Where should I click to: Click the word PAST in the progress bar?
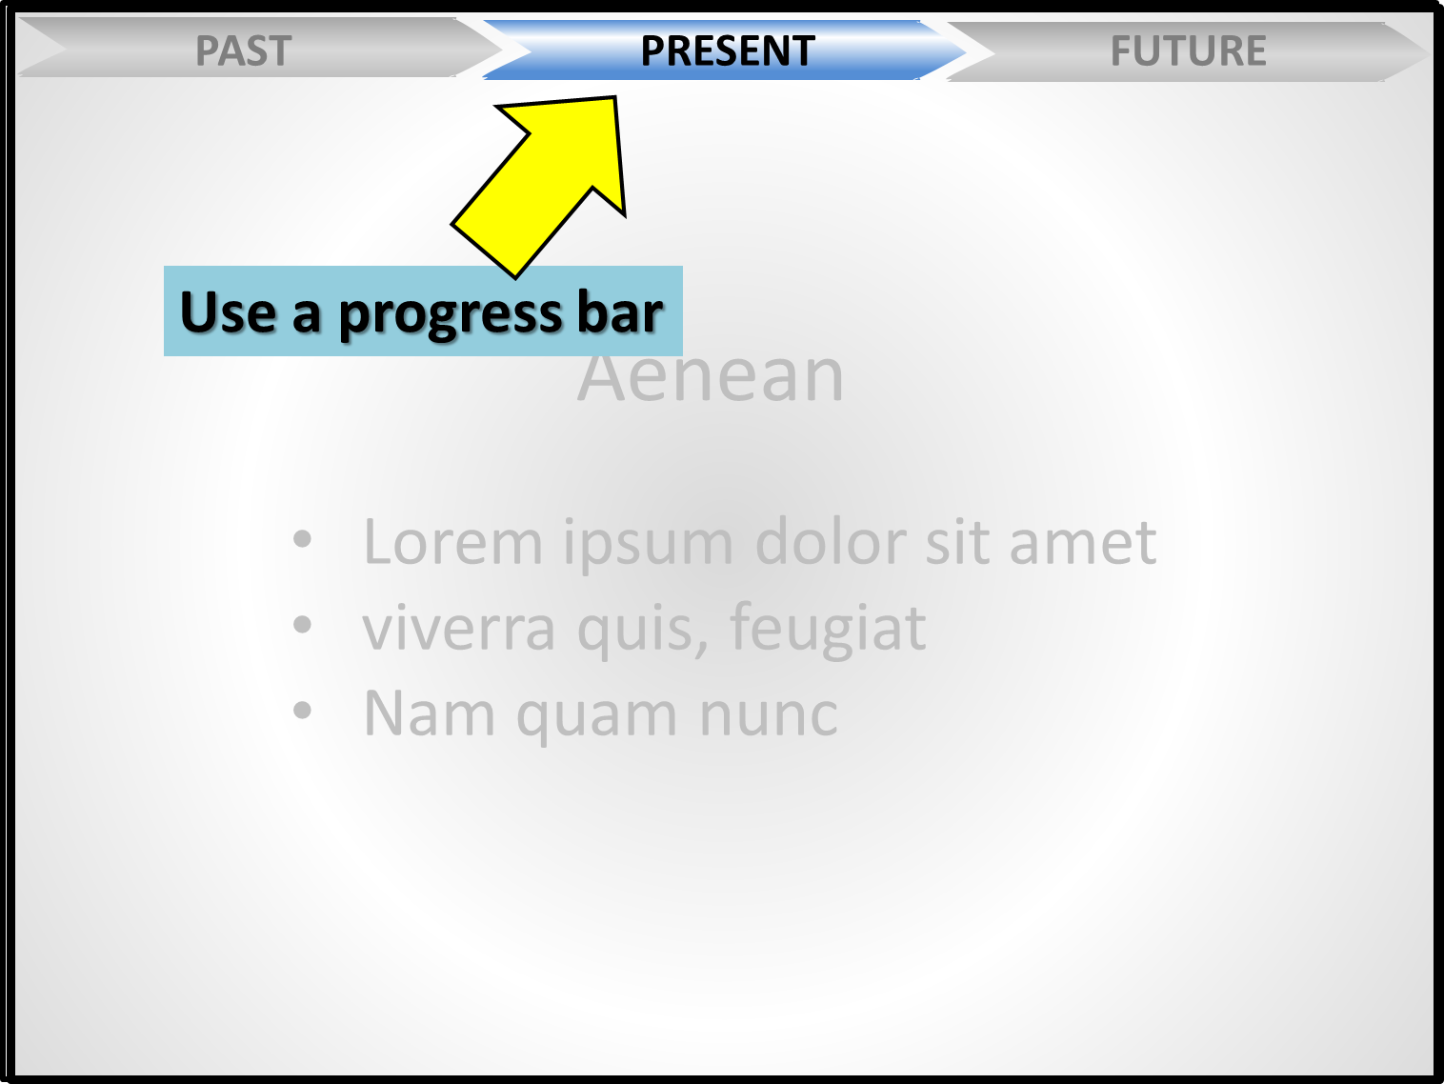click(x=244, y=50)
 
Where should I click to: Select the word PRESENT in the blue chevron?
click(x=728, y=50)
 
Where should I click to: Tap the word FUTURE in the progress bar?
click(x=1188, y=50)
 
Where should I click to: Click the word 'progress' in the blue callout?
click(x=451, y=314)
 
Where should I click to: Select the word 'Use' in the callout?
click(x=228, y=311)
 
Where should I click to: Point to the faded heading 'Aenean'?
click(x=711, y=376)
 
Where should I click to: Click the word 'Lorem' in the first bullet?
click(x=453, y=542)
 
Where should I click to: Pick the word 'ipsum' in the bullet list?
click(x=648, y=546)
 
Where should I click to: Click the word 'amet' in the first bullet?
click(x=1083, y=543)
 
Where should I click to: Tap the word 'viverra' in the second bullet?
click(x=459, y=628)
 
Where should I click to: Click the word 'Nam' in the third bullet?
click(x=429, y=713)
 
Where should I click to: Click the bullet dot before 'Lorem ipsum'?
click(x=302, y=539)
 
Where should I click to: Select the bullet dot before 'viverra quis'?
click(x=302, y=625)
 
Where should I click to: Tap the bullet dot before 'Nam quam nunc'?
click(x=302, y=711)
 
